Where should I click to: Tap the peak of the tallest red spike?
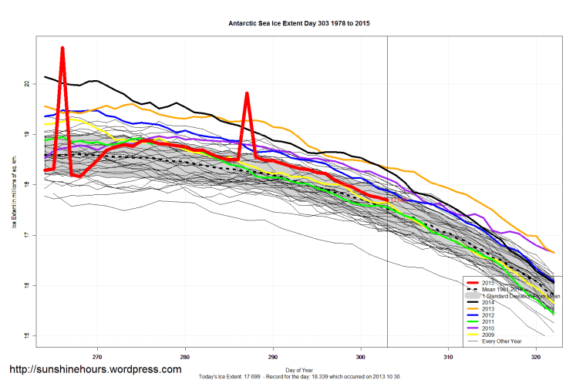pos(62,48)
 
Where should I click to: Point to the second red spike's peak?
pos(247,93)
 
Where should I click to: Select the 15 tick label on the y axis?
pos(28,335)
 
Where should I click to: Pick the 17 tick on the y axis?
pos(28,234)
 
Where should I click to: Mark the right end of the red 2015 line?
pos(387,200)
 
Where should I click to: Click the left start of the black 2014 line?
pos(45,77)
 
